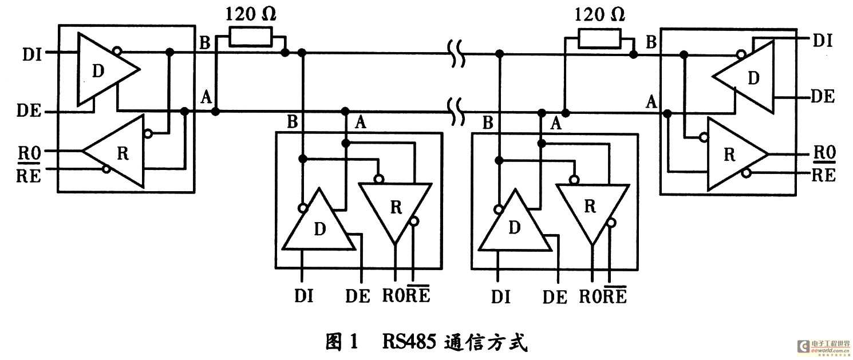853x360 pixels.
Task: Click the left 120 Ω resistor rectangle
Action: point(250,37)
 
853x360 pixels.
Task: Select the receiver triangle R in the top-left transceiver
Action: point(119,153)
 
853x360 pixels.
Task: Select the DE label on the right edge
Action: point(823,96)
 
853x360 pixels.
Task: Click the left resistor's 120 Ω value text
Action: point(250,14)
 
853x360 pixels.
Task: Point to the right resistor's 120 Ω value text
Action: point(599,14)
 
